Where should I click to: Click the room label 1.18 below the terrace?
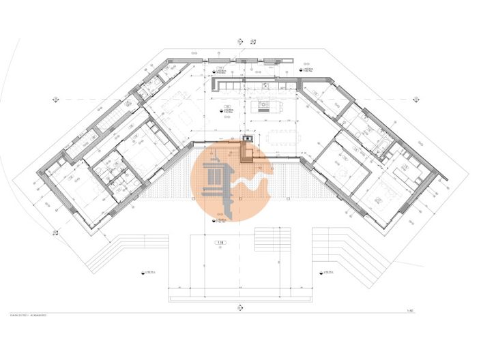pos(220,243)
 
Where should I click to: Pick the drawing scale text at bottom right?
pos(409,311)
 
